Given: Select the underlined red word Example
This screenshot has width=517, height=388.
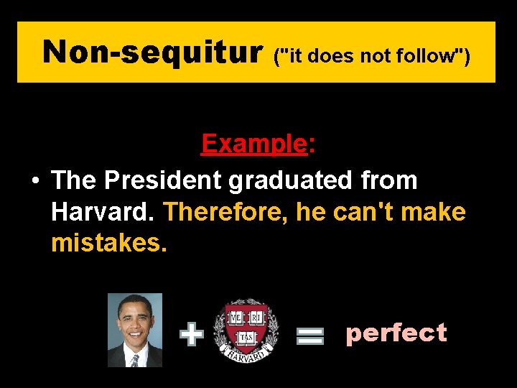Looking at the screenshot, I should (254, 144).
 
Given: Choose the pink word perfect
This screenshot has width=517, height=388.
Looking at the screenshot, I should (396, 333).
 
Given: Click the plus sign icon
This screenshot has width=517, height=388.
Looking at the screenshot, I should (191, 335).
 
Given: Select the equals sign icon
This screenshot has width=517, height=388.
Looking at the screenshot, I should (310, 336).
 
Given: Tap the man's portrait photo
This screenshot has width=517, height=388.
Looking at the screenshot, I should (135, 330).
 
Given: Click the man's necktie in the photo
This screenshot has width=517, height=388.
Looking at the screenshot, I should (134, 360).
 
